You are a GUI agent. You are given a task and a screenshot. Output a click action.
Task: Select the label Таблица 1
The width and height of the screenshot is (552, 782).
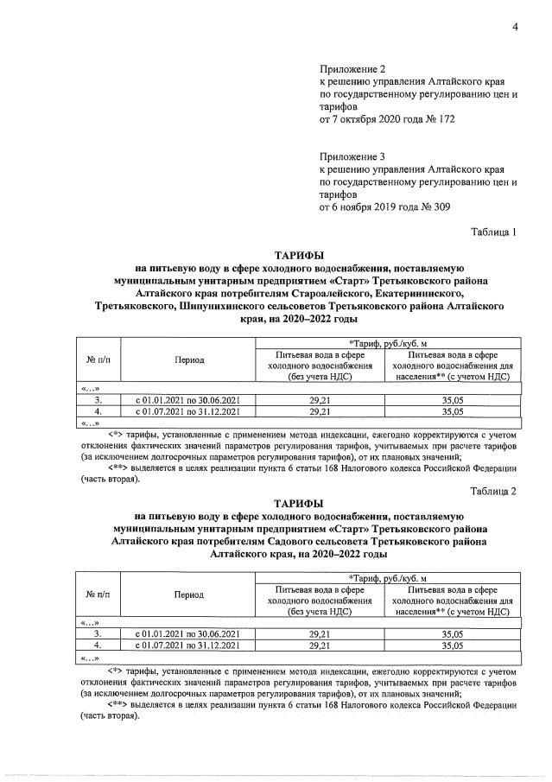(x=493, y=232)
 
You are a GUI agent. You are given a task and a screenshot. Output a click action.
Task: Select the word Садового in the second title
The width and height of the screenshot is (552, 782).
(x=278, y=540)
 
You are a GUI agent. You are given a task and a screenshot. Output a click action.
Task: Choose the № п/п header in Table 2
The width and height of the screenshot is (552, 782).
(x=98, y=594)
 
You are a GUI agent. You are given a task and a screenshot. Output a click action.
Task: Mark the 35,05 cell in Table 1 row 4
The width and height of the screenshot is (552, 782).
(x=452, y=411)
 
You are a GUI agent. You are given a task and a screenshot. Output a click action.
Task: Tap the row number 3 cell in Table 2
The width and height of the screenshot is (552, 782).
(x=98, y=633)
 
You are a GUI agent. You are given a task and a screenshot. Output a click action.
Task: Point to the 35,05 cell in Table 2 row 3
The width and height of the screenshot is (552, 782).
(x=452, y=633)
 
